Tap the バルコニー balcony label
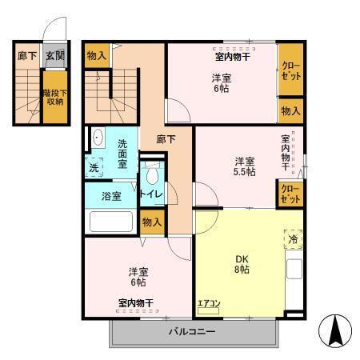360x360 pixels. (191, 331)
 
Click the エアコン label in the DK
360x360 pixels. (210, 302)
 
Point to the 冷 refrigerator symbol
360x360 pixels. (293, 238)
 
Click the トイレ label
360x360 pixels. (151, 194)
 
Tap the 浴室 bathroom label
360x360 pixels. (111, 196)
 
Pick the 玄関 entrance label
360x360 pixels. (54, 55)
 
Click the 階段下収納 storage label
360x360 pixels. (54, 97)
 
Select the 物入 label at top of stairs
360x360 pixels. (98, 56)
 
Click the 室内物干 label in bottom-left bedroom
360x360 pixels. (136, 302)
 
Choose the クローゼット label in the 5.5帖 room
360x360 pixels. (290, 193)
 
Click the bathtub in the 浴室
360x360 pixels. (111, 220)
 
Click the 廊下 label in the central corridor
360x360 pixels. (166, 138)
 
